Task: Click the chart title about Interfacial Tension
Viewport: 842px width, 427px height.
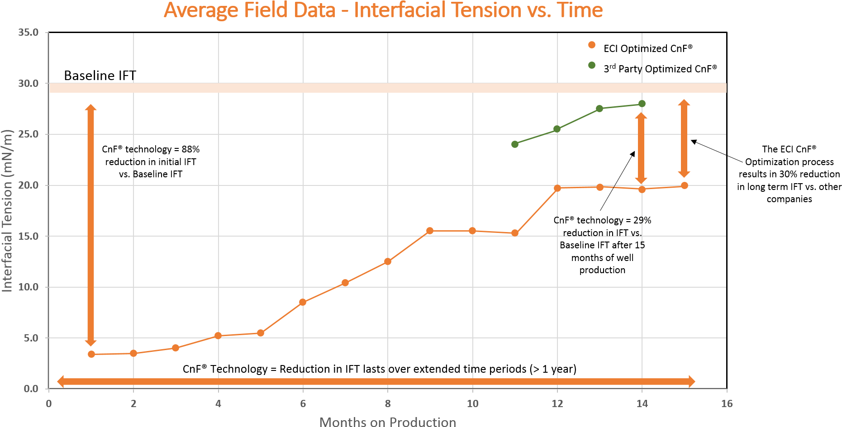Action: (x=383, y=10)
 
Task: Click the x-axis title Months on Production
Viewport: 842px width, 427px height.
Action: (x=388, y=422)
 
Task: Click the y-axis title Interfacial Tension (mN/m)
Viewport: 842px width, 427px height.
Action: (x=7, y=211)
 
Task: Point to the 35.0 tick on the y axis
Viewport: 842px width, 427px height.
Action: (x=29, y=33)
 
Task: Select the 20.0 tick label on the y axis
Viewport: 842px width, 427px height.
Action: (x=29, y=185)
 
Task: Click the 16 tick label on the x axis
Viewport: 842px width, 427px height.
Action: (x=727, y=403)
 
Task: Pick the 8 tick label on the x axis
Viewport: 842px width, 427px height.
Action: (x=388, y=403)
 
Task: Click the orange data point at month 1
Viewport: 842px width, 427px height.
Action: (x=91, y=354)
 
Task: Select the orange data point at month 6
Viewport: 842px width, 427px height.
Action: (x=303, y=302)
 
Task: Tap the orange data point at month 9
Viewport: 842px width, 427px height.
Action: (x=430, y=231)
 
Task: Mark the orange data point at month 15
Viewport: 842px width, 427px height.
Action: (x=685, y=185)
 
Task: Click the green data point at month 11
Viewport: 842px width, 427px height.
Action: (x=515, y=144)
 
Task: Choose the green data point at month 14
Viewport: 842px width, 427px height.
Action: (x=642, y=104)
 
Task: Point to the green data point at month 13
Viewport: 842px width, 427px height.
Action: (x=599, y=109)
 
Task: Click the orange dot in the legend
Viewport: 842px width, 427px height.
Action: (x=592, y=45)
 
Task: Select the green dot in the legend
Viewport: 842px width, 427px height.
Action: (x=592, y=65)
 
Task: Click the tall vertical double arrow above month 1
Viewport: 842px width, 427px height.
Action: (x=91, y=225)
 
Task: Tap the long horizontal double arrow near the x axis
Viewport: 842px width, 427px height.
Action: (x=376, y=381)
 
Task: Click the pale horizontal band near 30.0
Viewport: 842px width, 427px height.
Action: (x=388, y=88)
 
